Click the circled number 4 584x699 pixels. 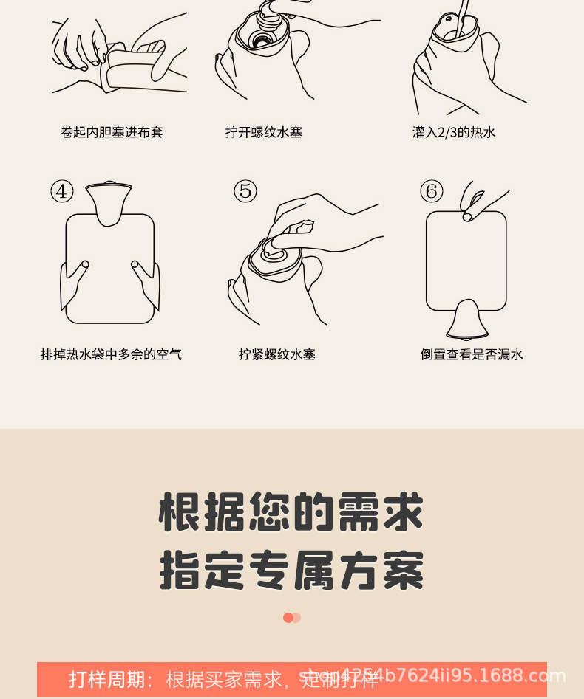62,191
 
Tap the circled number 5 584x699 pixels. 245,191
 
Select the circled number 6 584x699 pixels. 432,191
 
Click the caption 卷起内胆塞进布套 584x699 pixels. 112,133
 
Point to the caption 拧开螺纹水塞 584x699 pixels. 264,133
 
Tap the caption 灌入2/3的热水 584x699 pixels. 454,133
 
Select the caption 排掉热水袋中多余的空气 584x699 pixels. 111,355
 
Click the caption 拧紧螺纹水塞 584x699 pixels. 277,355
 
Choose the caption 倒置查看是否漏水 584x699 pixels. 472,355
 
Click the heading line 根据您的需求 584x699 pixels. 291,512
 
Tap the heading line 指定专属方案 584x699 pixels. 291,571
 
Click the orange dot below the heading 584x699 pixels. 288,618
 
